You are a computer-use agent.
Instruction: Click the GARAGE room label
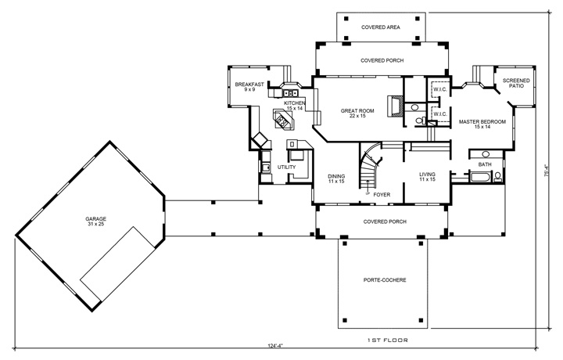click(96, 221)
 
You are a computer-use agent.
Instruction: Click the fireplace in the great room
click(396, 107)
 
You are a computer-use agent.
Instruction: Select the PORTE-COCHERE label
click(383, 280)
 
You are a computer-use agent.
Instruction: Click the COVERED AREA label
click(381, 27)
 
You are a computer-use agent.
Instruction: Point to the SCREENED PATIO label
click(514, 83)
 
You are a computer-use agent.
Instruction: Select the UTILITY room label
click(287, 167)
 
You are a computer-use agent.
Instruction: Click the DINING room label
click(336, 178)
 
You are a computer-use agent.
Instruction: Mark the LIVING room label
click(427, 177)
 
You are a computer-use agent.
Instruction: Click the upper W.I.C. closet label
click(439, 89)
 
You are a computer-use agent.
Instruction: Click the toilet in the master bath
click(419, 121)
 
